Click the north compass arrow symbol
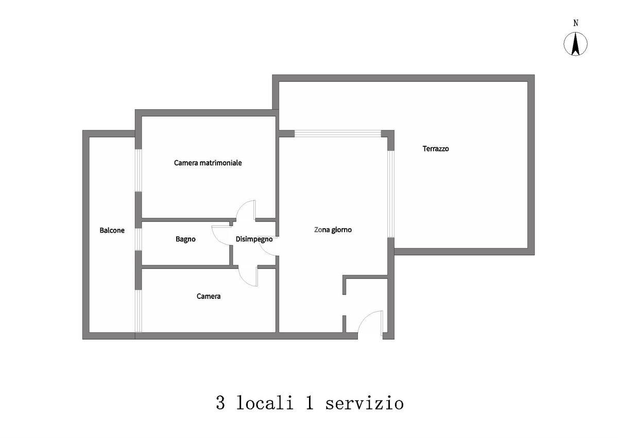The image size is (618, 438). click(576, 44)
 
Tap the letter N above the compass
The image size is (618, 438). click(576, 23)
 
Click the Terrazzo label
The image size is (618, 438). click(436, 148)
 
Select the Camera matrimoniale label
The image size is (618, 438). click(208, 163)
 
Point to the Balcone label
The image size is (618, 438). click(112, 230)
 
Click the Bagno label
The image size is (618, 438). click(185, 239)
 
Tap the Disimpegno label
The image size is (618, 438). click(254, 239)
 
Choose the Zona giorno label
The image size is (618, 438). click(333, 230)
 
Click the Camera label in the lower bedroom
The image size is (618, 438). click(209, 296)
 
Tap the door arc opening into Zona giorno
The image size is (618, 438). click(269, 247)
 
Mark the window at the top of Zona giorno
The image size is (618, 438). click(337, 133)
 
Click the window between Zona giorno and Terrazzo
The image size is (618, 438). click(390, 193)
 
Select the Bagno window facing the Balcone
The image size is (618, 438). click(138, 239)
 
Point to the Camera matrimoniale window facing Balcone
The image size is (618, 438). click(138, 171)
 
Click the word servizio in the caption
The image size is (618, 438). click(364, 403)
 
